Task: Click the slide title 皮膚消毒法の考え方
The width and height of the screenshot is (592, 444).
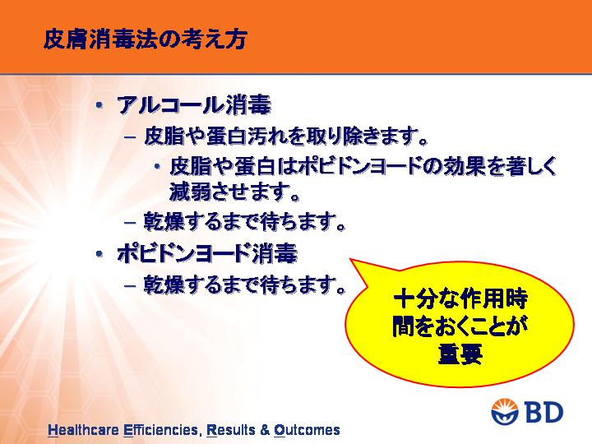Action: [146, 39]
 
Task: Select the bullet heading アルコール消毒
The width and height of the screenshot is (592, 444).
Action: [194, 105]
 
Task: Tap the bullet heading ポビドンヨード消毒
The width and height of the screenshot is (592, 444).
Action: [207, 253]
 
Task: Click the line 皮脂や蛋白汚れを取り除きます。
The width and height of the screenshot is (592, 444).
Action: [286, 136]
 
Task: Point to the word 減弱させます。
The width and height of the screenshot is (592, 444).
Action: [234, 191]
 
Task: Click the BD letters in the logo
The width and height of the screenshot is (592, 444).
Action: [543, 412]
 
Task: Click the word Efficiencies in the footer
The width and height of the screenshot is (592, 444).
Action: [161, 430]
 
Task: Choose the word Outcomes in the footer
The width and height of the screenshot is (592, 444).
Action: [307, 430]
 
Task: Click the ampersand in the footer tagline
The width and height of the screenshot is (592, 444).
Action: [265, 430]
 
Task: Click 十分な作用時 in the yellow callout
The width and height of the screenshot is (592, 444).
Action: [460, 299]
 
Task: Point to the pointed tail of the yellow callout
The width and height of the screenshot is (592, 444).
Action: [351, 259]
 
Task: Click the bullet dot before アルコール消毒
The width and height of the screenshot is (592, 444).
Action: [99, 105]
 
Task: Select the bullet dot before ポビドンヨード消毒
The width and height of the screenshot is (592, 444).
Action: [99, 254]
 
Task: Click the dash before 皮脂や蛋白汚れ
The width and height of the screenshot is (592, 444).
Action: [130, 137]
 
